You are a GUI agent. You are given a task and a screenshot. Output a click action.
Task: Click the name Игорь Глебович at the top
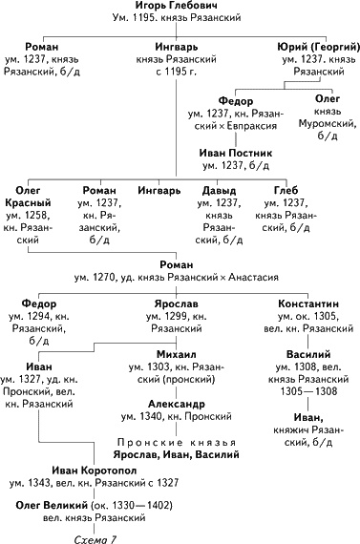(177, 5)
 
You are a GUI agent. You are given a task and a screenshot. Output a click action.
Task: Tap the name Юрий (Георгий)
(319, 47)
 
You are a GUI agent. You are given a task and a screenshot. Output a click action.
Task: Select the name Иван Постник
(236, 153)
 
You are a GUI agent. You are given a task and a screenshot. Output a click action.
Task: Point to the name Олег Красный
(28, 197)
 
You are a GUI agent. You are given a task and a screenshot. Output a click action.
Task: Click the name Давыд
(219, 191)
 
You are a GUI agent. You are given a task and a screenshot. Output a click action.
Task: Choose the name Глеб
(286, 191)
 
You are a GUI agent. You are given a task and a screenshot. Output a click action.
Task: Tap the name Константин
(308, 303)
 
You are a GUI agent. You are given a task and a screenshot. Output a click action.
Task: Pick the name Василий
(308, 354)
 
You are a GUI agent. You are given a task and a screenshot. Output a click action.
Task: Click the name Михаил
(177, 354)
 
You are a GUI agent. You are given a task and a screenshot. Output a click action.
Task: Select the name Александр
(177, 404)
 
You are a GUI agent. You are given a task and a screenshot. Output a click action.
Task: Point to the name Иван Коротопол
(95, 471)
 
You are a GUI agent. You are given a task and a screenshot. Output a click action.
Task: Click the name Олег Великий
(52, 505)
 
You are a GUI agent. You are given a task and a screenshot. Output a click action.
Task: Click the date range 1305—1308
(308, 391)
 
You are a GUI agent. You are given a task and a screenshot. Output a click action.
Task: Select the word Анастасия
(253, 278)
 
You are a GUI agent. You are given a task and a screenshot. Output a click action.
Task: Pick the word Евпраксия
(252, 126)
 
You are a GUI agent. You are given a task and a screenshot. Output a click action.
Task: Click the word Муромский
(328, 123)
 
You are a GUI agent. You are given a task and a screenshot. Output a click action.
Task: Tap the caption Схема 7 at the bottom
(95, 539)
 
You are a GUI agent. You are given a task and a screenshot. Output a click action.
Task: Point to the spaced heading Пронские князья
(177, 442)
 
